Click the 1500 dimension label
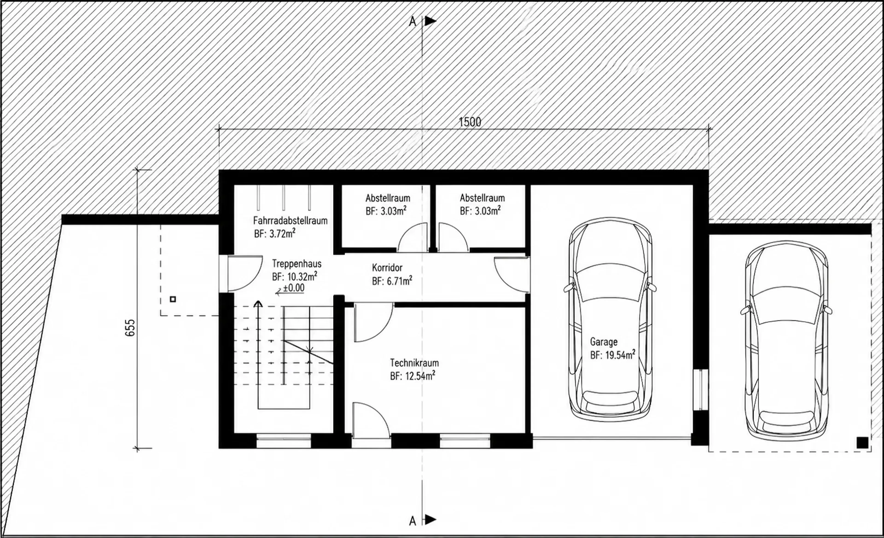(470, 122)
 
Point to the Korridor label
(387, 268)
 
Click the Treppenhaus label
(297, 264)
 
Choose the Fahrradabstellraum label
(290, 220)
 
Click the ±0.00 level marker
(294, 288)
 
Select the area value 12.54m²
(420, 376)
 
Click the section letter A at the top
(413, 22)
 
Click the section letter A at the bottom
(413, 521)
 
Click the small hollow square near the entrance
(173, 299)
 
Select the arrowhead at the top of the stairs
(258, 304)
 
